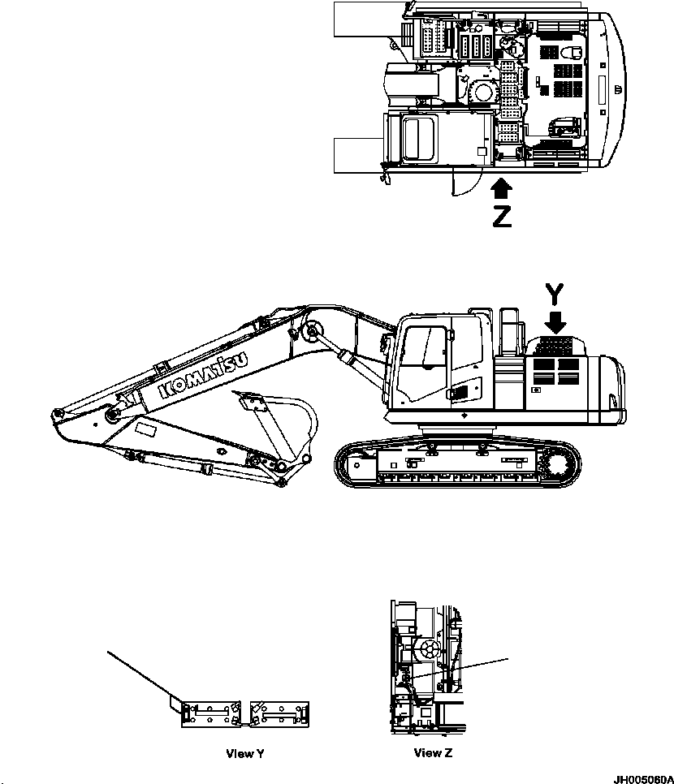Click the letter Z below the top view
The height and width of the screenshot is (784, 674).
tap(503, 217)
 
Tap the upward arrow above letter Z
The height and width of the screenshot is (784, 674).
tap(503, 189)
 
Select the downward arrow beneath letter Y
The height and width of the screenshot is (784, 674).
tap(556, 322)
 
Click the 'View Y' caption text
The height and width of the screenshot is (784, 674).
tap(244, 753)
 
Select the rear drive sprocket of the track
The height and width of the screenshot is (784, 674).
tap(559, 467)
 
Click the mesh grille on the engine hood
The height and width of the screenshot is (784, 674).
tap(555, 347)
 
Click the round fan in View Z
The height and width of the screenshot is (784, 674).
tap(427, 648)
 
